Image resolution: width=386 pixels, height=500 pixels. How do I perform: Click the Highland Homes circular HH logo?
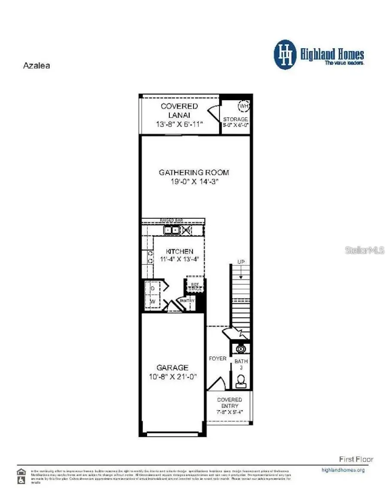coord(285,55)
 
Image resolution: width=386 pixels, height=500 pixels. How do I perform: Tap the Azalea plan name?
coord(36,66)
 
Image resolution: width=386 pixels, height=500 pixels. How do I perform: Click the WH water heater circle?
coord(244,106)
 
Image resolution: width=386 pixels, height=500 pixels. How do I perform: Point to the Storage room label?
coord(235,119)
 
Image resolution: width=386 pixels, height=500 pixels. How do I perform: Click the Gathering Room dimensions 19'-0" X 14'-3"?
coord(194,181)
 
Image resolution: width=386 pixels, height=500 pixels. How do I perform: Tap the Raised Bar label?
coord(171,220)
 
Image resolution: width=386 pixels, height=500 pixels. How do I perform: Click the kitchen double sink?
coord(171,230)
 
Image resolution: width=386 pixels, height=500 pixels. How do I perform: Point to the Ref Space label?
coord(195,287)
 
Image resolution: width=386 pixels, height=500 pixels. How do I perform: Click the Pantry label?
coord(187,301)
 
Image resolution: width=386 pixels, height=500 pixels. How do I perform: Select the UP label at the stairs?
coord(241,262)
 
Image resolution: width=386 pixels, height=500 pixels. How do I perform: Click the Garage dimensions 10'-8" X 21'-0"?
coord(172,376)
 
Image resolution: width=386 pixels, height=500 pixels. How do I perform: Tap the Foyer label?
coord(217,358)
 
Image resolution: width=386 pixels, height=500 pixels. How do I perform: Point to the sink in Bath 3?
coord(241,348)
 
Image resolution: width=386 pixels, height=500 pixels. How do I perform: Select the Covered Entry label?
coord(229,403)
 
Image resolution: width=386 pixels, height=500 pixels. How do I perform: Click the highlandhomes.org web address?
coord(343,470)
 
